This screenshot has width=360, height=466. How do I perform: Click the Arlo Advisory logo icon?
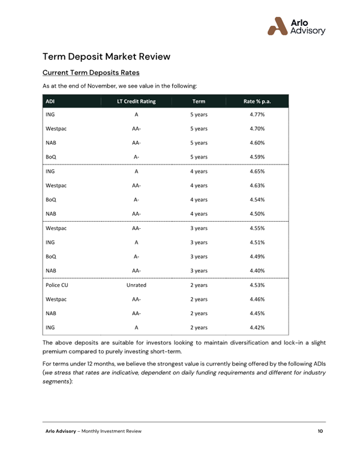pyautogui.click(x=278, y=26)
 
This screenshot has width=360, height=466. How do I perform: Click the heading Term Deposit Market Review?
pyautogui.click(x=106, y=56)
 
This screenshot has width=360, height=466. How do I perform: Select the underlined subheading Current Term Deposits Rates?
pyautogui.click(x=91, y=73)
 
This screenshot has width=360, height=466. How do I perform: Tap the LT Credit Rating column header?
pyautogui.click(x=136, y=101)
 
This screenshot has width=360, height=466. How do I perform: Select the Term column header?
pyautogui.click(x=199, y=101)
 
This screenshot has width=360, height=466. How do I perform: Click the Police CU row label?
pyautogui.click(x=57, y=285)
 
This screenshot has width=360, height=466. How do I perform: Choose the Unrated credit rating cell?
pyautogui.click(x=136, y=285)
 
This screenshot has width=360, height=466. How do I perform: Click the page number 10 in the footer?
pyautogui.click(x=321, y=431)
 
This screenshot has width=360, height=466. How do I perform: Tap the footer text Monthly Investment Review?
pyautogui.click(x=112, y=431)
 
